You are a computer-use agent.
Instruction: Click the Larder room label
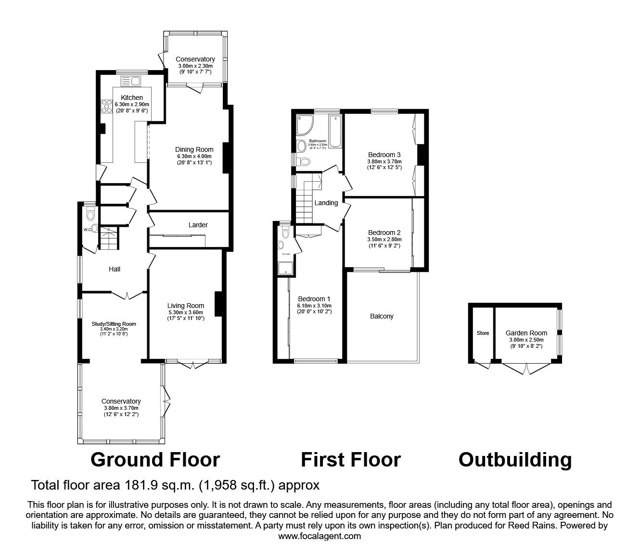(x=198, y=225)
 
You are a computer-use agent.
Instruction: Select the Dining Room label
(x=194, y=149)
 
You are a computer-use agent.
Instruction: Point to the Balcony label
(x=382, y=316)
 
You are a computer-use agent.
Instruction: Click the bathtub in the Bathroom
(x=334, y=131)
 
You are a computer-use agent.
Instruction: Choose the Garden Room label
(x=526, y=333)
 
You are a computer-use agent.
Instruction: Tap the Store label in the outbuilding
(x=482, y=333)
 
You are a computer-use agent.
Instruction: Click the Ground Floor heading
(x=155, y=460)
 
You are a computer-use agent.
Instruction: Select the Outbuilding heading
(x=515, y=460)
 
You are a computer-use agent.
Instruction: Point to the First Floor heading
(x=350, y=460)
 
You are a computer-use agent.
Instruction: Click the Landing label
(x=326, y=203)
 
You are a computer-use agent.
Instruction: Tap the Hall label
(x=115, y=269)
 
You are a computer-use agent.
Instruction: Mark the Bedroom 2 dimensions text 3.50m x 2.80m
(x=384, y=239)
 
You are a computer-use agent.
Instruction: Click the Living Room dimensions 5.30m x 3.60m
(x=185, y=312)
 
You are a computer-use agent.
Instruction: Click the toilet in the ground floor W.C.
(x=90, y=212)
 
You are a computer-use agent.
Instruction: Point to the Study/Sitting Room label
(x=114, y=324)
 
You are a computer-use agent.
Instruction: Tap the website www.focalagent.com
(x=319, y=536)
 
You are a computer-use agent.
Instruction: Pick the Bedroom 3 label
(x=384, y=155)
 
